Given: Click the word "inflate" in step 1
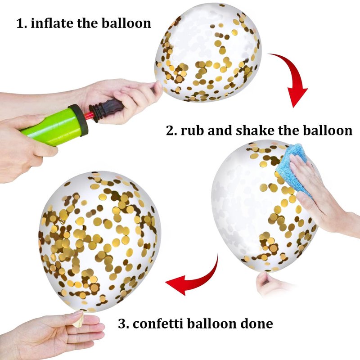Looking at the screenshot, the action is [52, 23].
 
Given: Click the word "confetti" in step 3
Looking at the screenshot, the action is [158, 324].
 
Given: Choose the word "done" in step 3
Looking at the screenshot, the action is [256, 324].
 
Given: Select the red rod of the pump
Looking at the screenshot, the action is [88, 115].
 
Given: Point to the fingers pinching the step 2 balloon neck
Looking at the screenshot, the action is [266, 283].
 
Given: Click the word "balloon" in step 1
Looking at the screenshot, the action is [126, 23].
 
